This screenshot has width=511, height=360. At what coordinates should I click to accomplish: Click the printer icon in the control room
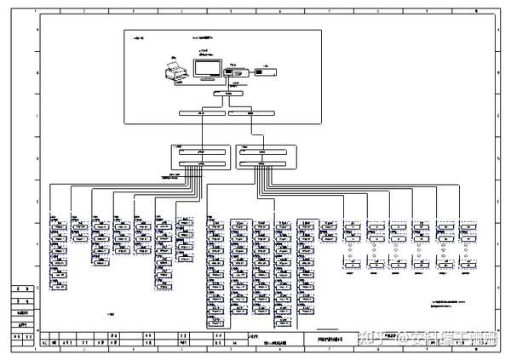(x=174, y=73)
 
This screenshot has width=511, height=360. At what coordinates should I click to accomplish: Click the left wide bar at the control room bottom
(x=203, y=113)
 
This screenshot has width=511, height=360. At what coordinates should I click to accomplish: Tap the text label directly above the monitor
(x=204, y=53)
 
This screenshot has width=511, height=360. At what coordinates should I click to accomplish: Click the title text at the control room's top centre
(x=209, y=38)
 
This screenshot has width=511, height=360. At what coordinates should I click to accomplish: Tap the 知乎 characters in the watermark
(x=374, y=338)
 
